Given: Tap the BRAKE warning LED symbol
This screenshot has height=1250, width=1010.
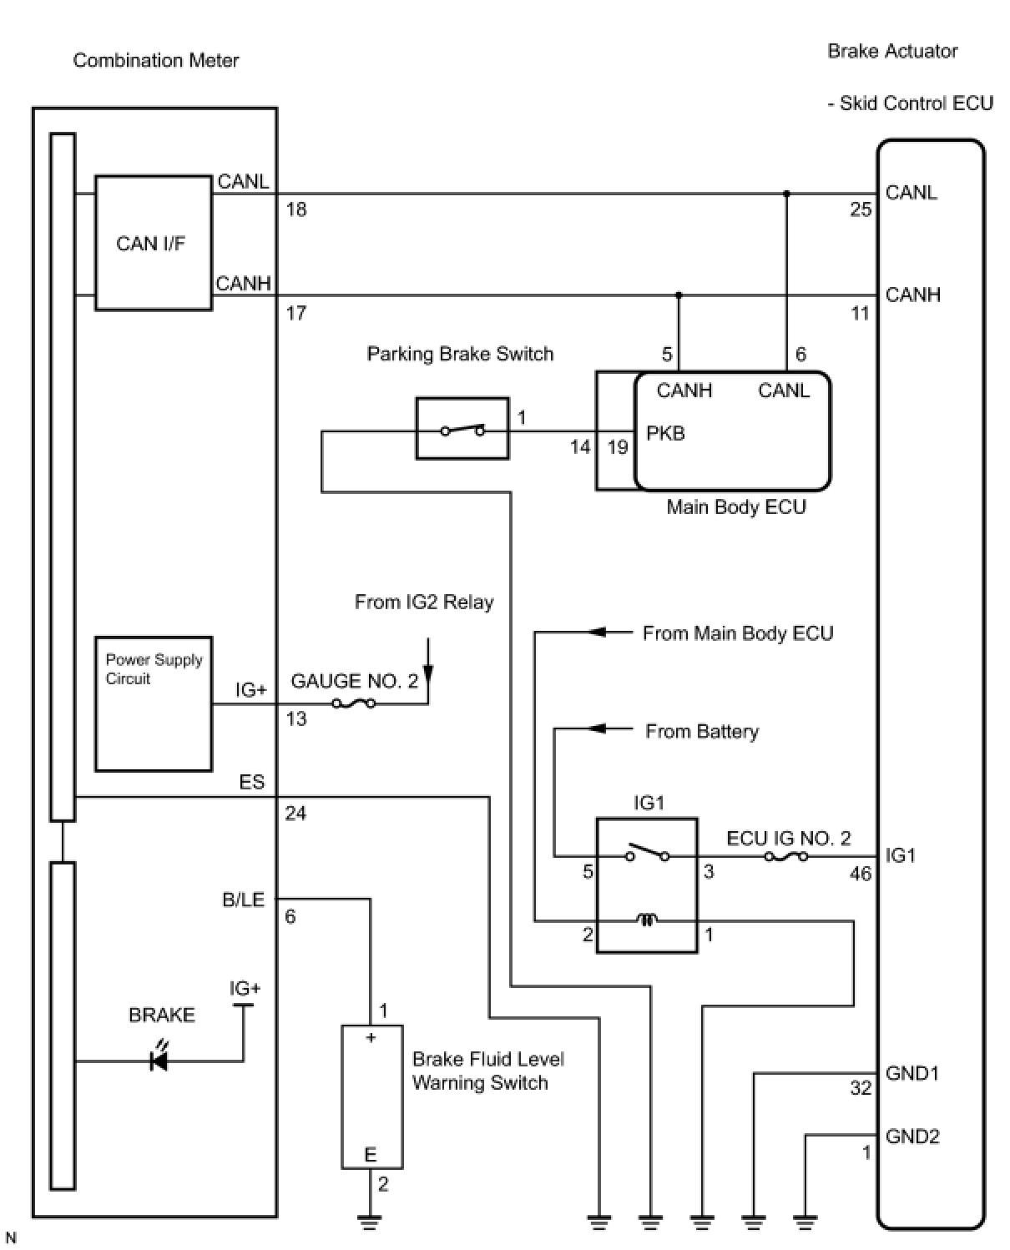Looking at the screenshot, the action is [159, 1061].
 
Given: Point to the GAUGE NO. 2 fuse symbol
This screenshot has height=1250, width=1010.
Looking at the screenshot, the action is [353, 703].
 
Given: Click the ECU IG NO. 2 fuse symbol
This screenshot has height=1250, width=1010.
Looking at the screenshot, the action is [786, 857].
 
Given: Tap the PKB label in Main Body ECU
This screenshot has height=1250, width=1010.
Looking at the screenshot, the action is [665, 433].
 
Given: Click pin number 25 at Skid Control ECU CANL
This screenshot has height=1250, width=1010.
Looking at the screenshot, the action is [861, 209].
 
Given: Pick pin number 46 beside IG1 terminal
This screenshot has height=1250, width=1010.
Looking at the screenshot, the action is [861, 874].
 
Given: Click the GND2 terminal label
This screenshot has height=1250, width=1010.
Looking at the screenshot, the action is [912, 1137].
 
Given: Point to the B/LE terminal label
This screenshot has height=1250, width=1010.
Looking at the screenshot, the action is [244, 900].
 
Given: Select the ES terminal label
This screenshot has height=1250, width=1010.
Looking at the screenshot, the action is [252, 782].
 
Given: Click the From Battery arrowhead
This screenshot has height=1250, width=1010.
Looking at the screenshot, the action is [597, 728].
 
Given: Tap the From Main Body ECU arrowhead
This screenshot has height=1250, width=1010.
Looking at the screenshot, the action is [597, 632].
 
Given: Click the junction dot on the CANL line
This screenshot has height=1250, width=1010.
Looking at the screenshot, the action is [787, 193].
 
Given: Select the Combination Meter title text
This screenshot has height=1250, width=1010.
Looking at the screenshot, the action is [155, 60].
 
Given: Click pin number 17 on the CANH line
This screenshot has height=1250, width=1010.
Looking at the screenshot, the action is [295, 313].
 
